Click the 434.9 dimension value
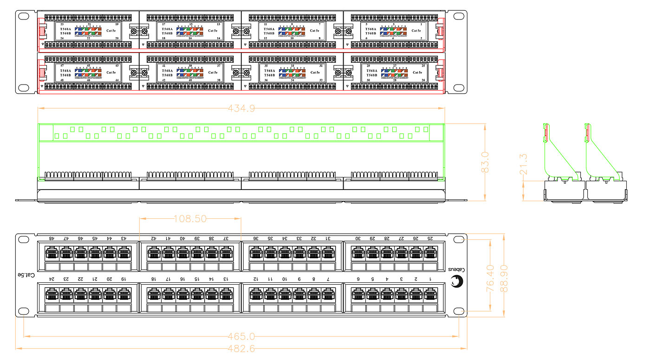click(x=241, y=109)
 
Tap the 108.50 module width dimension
click(x=190, y=218)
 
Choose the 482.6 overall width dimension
click(x=241, y=348)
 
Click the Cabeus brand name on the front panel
click(x=457, y=270)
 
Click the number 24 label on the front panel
click(x=52, y=279)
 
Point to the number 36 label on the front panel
click(x=256, y=238)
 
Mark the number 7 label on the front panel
click(x=328, y=279)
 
